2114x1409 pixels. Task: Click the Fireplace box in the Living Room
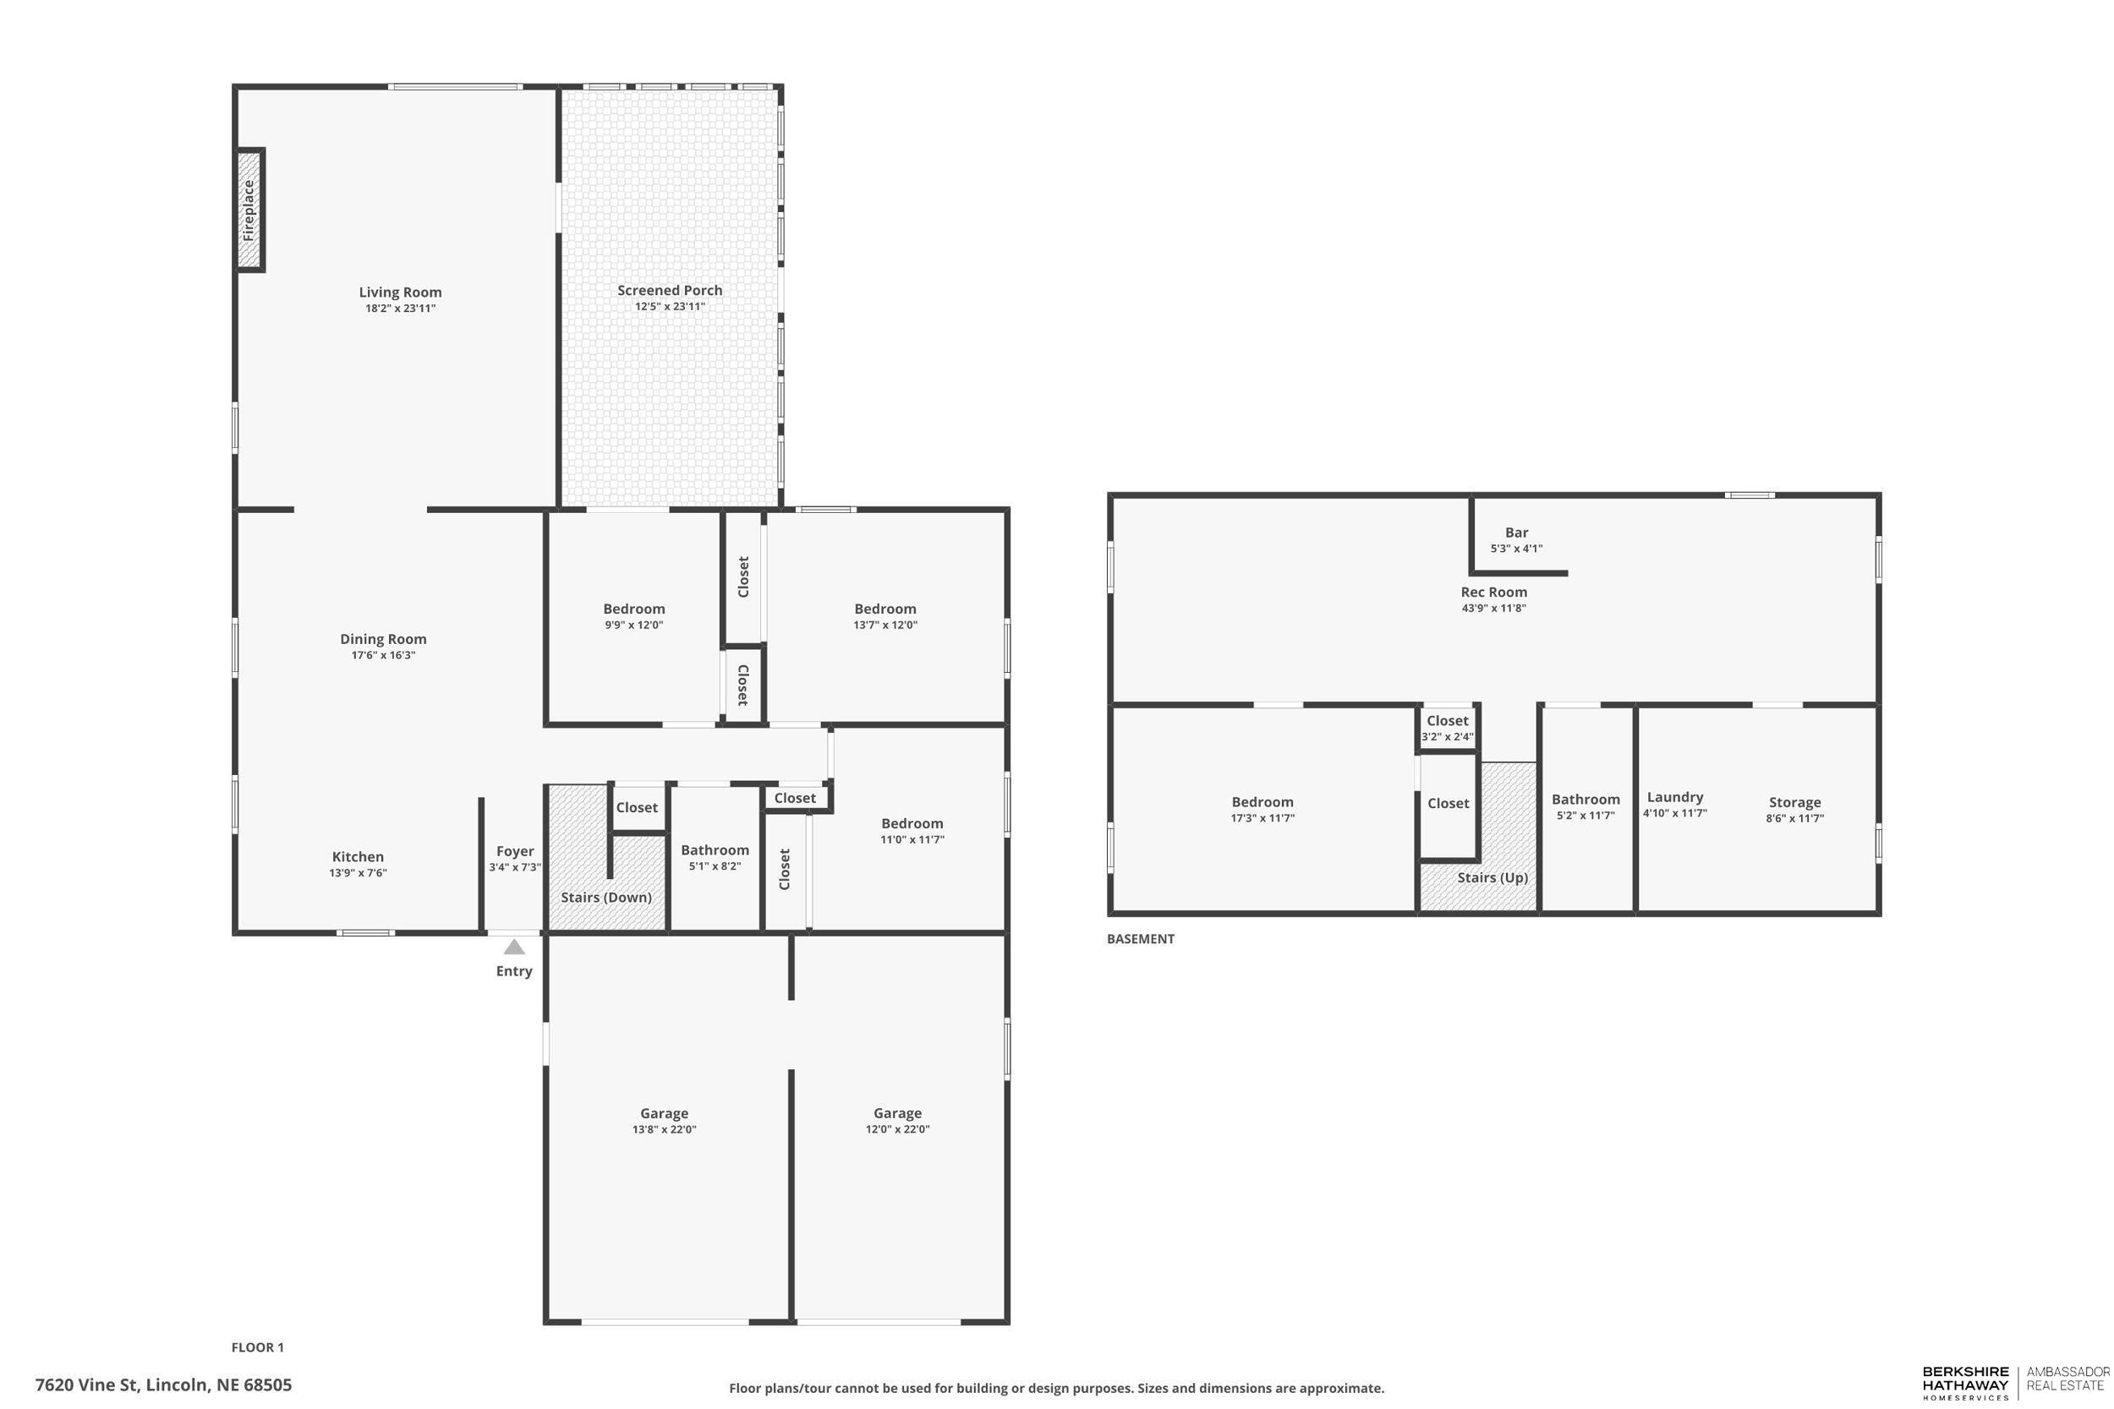coord(249,210)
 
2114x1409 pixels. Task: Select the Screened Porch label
coord(670,290)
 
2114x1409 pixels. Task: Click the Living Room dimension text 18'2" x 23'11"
coord(400,309)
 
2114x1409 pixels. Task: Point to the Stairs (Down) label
coord(605,897)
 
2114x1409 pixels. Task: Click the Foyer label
coord(515,851)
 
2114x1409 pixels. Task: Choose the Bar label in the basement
coord(1516,532)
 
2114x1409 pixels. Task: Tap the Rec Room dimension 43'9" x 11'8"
coord(1493,609)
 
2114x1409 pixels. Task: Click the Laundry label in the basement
coord(1674,797)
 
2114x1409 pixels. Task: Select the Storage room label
coord(1794,802)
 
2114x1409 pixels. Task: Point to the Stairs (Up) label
coord(1492,877)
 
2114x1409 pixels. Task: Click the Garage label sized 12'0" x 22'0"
coord(897,1113)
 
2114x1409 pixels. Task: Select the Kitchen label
coord(358,856)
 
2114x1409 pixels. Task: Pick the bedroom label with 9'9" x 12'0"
coord(633,609)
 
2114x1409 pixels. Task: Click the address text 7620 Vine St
coord(163,1384)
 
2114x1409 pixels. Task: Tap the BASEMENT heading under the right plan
coord(1140,939)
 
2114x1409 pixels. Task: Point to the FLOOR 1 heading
coord(257,1347)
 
